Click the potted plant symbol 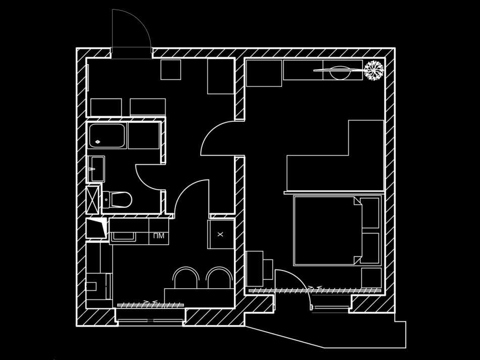(x=374, y=70)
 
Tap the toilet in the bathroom (x=117, y=199)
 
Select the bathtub (x=107, y=136)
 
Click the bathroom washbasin (x=96, y=169)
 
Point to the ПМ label (x=159, y=236)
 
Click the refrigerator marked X (x=221, y=235)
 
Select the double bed (x=337, y=231)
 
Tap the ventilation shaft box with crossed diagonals (x=93, y=199)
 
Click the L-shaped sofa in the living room (x=335, y=156)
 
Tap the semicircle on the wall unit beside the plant (x=340, y=73)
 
